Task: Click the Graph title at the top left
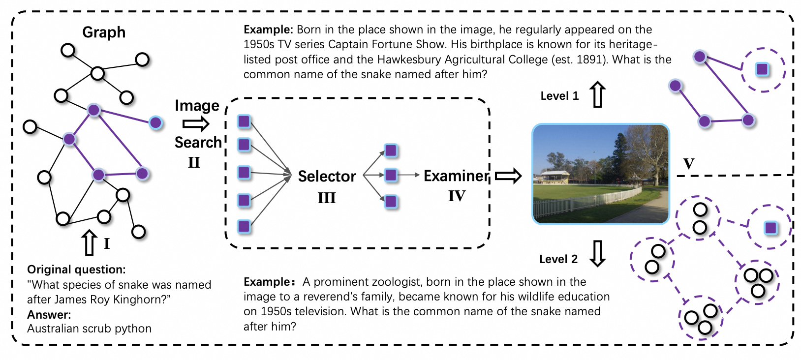click(x=104, y=32)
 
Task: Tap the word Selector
click(x=327, y=176)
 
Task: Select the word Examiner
click(x=456, y=176)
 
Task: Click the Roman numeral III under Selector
click(x=327, y=198)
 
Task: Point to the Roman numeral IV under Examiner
click(x=457, y=196)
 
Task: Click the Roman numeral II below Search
click(x=194, y=162)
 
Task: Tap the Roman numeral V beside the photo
click(x=689, y=163)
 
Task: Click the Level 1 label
click(x=559, y=96)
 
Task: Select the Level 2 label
click(x=558, y=259)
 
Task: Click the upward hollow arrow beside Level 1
click(x=598, y=94)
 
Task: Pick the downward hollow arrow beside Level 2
click(x=598, y=253)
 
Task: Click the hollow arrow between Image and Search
click(x=196, y=124)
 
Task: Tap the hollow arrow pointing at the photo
click(x=508, y=176)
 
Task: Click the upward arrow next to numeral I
click(x=89, y=242)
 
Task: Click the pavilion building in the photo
click(x=555, y=177)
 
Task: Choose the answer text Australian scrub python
click(x=89, y=329)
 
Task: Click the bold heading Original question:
click(x=76, y=270)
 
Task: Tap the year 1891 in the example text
click(x=590, y=60)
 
